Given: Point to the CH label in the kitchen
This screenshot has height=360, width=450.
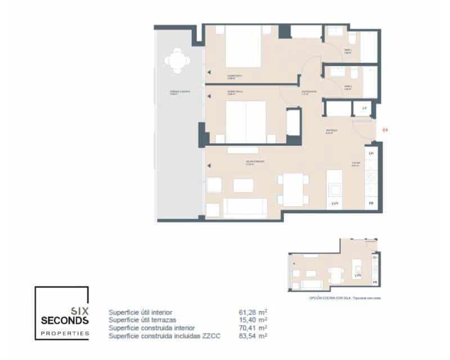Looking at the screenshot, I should pyautogui.click(x=371, y=153).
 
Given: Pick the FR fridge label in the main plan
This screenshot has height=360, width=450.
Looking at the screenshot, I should pyautogui.click(x=371, y=202).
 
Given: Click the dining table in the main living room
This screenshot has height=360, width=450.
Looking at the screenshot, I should pyautogui.click(x=292, y=190).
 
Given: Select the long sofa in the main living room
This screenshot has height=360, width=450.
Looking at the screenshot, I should pyautogui.click(x=245, y=208).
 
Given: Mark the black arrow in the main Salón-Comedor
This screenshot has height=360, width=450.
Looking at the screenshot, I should pyautogui.click(x=208, y=165).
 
